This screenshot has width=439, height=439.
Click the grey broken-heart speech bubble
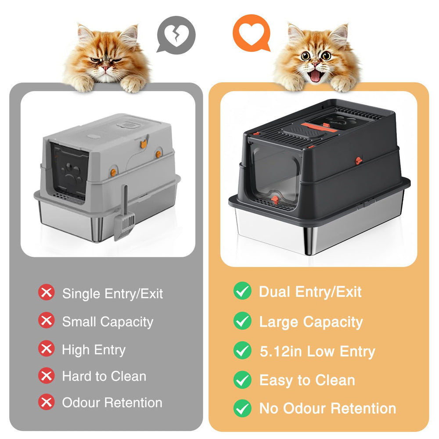(x=176, y=35)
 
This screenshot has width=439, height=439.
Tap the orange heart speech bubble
(x=252, y=33)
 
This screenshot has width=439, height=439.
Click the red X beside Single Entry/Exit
(x=47, y=292)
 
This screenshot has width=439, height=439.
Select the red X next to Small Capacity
(x=47, y=320)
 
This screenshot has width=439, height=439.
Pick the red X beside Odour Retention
(x=47, y=402)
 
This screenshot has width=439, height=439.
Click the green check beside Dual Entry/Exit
(x=242, y=291)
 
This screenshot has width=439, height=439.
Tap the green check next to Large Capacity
(x=242, y=321)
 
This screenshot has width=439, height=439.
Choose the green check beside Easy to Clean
(x=242, y=380)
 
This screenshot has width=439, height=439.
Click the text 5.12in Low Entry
(x=317, y=352)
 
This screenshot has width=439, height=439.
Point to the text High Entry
(x=94, y=350)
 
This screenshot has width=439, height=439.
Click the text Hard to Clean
(x=104, y=376)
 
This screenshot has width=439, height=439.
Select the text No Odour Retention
(x=327, y=408)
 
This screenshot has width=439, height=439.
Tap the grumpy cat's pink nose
(x=106, y=68)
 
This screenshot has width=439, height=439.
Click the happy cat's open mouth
(x=316, y=76)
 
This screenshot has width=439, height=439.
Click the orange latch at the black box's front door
(x=275, y=200)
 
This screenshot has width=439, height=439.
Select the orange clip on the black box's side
(x=358, y=161)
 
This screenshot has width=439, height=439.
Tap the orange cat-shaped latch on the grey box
(x=144, y=144)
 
